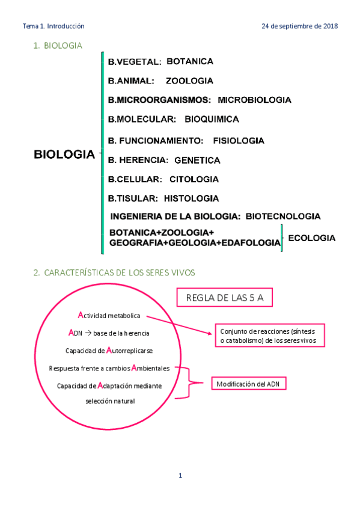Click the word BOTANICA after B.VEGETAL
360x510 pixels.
click(x=190, y=61)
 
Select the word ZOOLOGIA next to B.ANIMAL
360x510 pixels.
click(x=189, y=81)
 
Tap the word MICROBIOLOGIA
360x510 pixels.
click(x=254, y=100)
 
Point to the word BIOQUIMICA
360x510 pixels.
click(x=212, y=119)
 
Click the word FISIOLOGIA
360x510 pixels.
click(x=239, y=141)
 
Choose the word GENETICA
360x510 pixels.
click(x=197, y=161)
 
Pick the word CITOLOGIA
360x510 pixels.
click(x=194, y=179)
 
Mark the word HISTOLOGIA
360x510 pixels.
click(x=191, y=198)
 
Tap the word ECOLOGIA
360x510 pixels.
click(x=311, y=238)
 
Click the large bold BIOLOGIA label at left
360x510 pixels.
click(x=64, y=155)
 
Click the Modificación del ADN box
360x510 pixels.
click(x=248, y=384)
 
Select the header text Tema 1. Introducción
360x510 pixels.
click(x=53, y=26)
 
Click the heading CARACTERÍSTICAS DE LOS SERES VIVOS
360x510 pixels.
click(x=120, y=273)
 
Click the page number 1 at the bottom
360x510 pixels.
click(x=180, y=476)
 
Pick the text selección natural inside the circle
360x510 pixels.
click(x=110, y=401)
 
